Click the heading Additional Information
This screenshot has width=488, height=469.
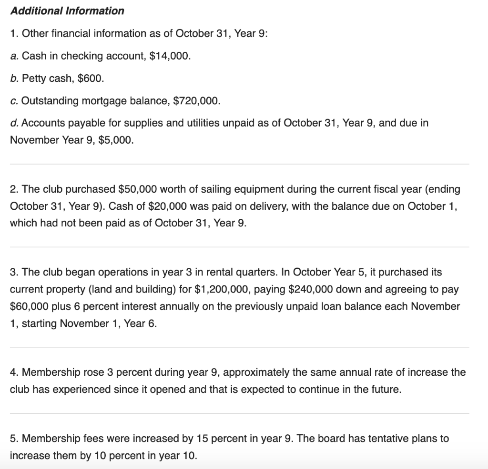coord(67,10)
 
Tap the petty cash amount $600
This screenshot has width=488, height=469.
coord(89,78)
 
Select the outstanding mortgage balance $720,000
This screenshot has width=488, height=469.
coord(196,100)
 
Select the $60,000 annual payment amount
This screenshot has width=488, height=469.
coord(28,306)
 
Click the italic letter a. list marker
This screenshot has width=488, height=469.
coord(14,56)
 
